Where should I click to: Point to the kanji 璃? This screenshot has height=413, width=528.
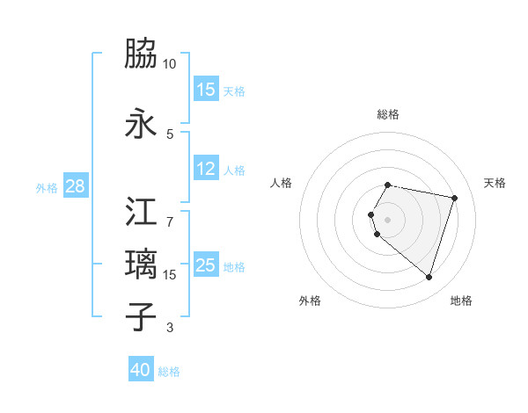pos(142,264)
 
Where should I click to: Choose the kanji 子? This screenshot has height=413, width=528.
pos(142,317)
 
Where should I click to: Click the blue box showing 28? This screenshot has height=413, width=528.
pos(75,187)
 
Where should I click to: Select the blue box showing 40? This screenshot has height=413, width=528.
pos(141,370)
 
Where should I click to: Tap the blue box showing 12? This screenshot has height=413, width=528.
pos(206,169)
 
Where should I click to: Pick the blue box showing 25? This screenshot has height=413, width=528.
pos(206,265)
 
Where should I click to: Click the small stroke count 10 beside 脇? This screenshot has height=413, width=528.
pos(170,64)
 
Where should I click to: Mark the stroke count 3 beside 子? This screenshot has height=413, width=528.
pos(169,329)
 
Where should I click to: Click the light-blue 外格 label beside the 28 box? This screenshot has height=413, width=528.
pos(47,188)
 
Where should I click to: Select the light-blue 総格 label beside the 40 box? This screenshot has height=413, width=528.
pos(169,372)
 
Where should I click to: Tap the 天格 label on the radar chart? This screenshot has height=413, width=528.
pos(495,183)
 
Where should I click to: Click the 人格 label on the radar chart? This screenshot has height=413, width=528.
pos(282,183)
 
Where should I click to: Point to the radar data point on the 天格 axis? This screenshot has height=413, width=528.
pos(454,198)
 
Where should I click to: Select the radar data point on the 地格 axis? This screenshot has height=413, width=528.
pos(429,278)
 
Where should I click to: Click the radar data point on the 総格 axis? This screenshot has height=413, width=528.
pos(388,185)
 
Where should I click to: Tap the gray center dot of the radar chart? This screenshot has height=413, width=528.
pos(388,219)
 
